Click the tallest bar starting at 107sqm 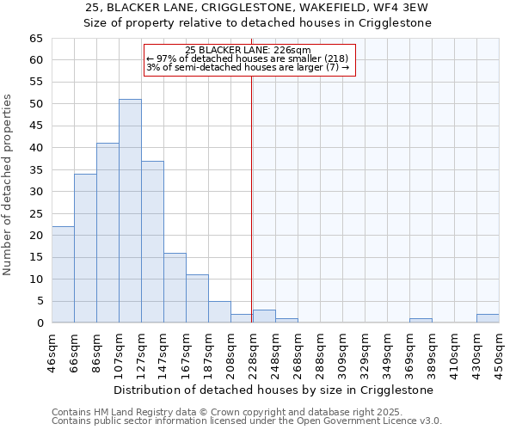130,211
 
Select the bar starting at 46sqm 63,274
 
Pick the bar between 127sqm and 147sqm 152,242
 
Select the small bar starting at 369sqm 421,320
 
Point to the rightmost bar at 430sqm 488,318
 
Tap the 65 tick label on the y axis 35,39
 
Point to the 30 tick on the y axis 35,192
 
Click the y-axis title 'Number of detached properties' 9,185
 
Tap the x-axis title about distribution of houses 274,390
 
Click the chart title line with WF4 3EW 257,8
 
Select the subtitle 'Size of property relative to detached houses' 257,23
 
